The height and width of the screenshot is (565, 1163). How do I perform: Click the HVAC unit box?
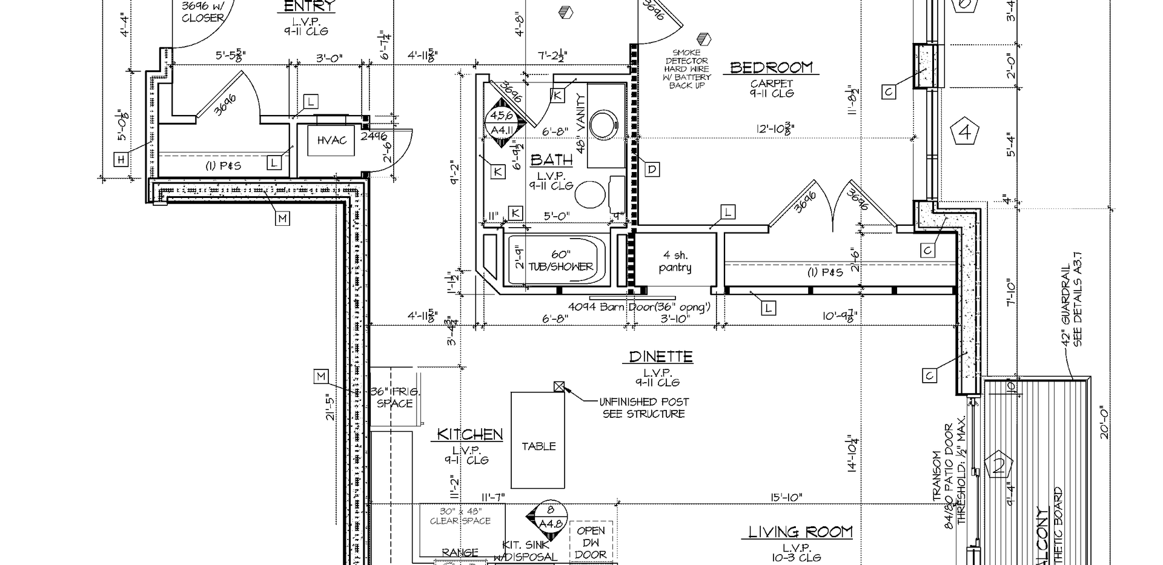click(331, 140)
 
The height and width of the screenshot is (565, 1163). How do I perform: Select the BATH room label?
click(551, 160)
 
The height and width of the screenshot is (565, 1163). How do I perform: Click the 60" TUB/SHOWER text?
click(560, 261)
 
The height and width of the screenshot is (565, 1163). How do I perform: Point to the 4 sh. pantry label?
click(675, 262)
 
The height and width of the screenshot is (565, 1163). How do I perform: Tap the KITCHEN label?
click(470, 434)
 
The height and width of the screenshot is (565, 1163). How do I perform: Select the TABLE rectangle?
click(538, 440)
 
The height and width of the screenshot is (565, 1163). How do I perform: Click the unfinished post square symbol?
click(559, 386)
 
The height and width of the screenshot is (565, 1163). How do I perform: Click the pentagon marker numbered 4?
click(965, 132)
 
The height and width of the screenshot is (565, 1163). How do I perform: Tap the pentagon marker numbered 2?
click(999, 466)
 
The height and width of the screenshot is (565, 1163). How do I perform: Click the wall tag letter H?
click(121, 159)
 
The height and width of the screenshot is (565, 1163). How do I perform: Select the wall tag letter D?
click(652, 170)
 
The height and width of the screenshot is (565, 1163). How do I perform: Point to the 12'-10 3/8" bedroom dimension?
click(775, 128)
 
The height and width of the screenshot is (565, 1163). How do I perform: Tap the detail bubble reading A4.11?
click(502, 123)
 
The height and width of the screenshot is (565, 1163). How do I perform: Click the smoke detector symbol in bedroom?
click(703, 40)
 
